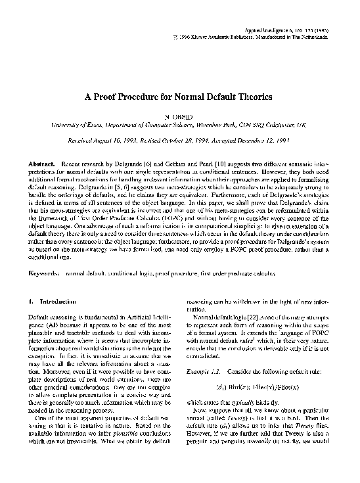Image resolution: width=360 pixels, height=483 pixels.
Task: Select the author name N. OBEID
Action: point(179,114)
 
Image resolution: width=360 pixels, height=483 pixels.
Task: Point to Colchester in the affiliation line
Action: point(296,124)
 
